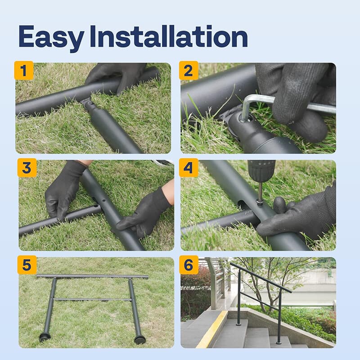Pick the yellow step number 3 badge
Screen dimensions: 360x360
coord(27,167)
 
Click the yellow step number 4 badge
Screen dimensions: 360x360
coord(189,167)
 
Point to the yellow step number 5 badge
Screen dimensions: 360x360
coord(27,265)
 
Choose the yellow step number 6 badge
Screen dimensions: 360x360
coord(189,265)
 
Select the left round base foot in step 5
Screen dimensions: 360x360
coord(45,337)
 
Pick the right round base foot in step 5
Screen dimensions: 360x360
coord(140,339)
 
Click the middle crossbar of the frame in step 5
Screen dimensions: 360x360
coord(92,299)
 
